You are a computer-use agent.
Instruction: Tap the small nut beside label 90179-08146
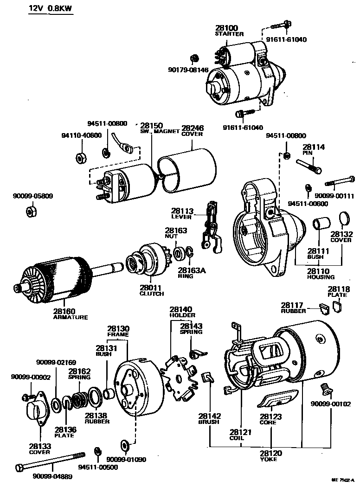click(194, 59)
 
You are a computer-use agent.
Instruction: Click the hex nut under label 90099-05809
click(32, 212)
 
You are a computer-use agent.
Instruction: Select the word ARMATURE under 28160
click(70, 317)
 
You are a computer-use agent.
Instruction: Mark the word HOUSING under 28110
click(321, 277)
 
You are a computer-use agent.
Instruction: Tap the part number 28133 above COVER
click(40, 446)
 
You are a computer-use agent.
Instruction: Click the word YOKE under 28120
click(269, 459)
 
